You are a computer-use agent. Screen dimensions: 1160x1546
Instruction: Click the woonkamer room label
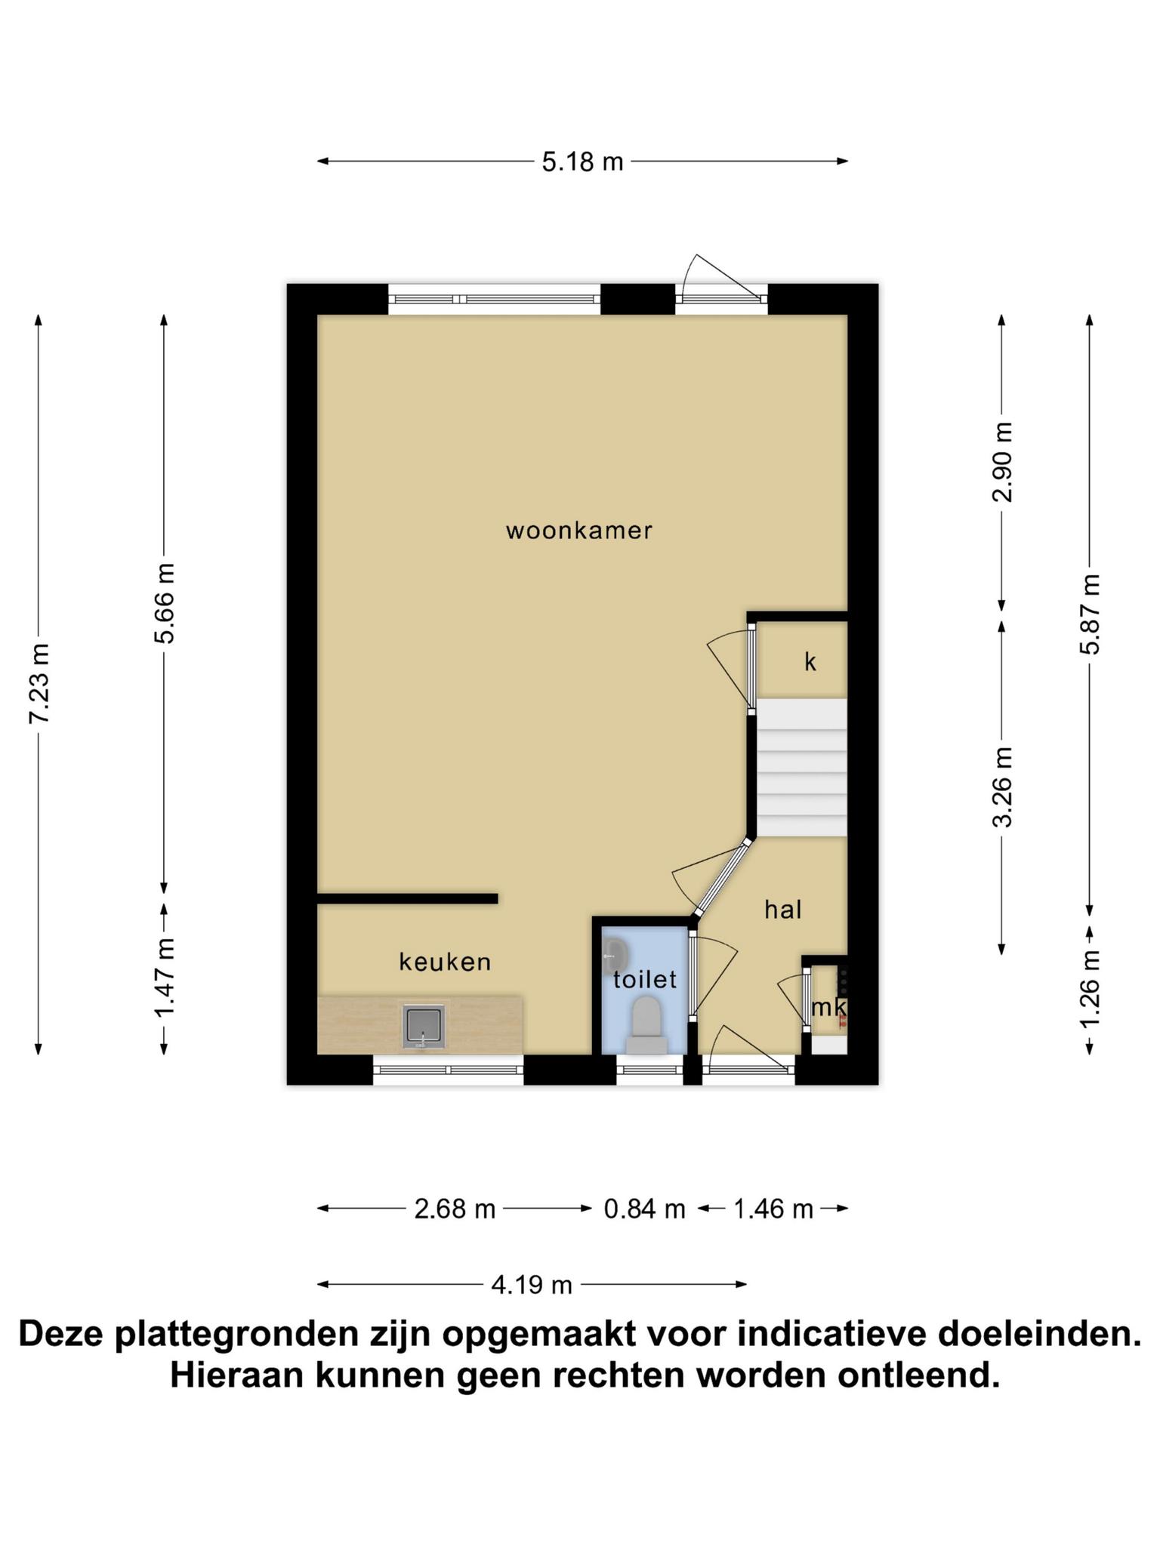(579, 531)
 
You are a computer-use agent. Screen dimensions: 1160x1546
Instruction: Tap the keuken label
(445, 962)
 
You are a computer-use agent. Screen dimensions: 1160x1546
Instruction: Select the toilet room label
(645, 980)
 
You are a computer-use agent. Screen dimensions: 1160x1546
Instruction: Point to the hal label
(782, 910)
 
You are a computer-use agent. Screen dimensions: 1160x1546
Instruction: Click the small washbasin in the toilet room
(615, 957)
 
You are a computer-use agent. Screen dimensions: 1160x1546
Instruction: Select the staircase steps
(801, 768)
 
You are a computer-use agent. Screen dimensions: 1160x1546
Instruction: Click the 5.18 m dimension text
(582, 162)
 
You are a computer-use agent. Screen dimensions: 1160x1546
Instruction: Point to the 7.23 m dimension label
(39, 683)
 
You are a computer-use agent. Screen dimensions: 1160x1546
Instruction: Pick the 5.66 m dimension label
(165, 603)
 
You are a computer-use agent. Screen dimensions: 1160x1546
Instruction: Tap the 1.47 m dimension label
(165, 977)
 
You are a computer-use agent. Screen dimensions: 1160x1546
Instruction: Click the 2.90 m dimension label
(1003, 462)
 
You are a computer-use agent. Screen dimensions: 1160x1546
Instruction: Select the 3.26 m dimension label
(1003, 787)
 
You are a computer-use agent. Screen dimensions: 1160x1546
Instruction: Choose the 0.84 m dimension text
(644, 1209)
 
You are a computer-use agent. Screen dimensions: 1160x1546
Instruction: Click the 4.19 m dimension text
(532, 1285)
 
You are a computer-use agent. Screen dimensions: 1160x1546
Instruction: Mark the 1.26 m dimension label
(1090, 988)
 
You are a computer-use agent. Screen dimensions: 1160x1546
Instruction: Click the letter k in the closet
(810, 662)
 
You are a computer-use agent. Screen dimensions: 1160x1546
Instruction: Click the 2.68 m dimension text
(455, 1209)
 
